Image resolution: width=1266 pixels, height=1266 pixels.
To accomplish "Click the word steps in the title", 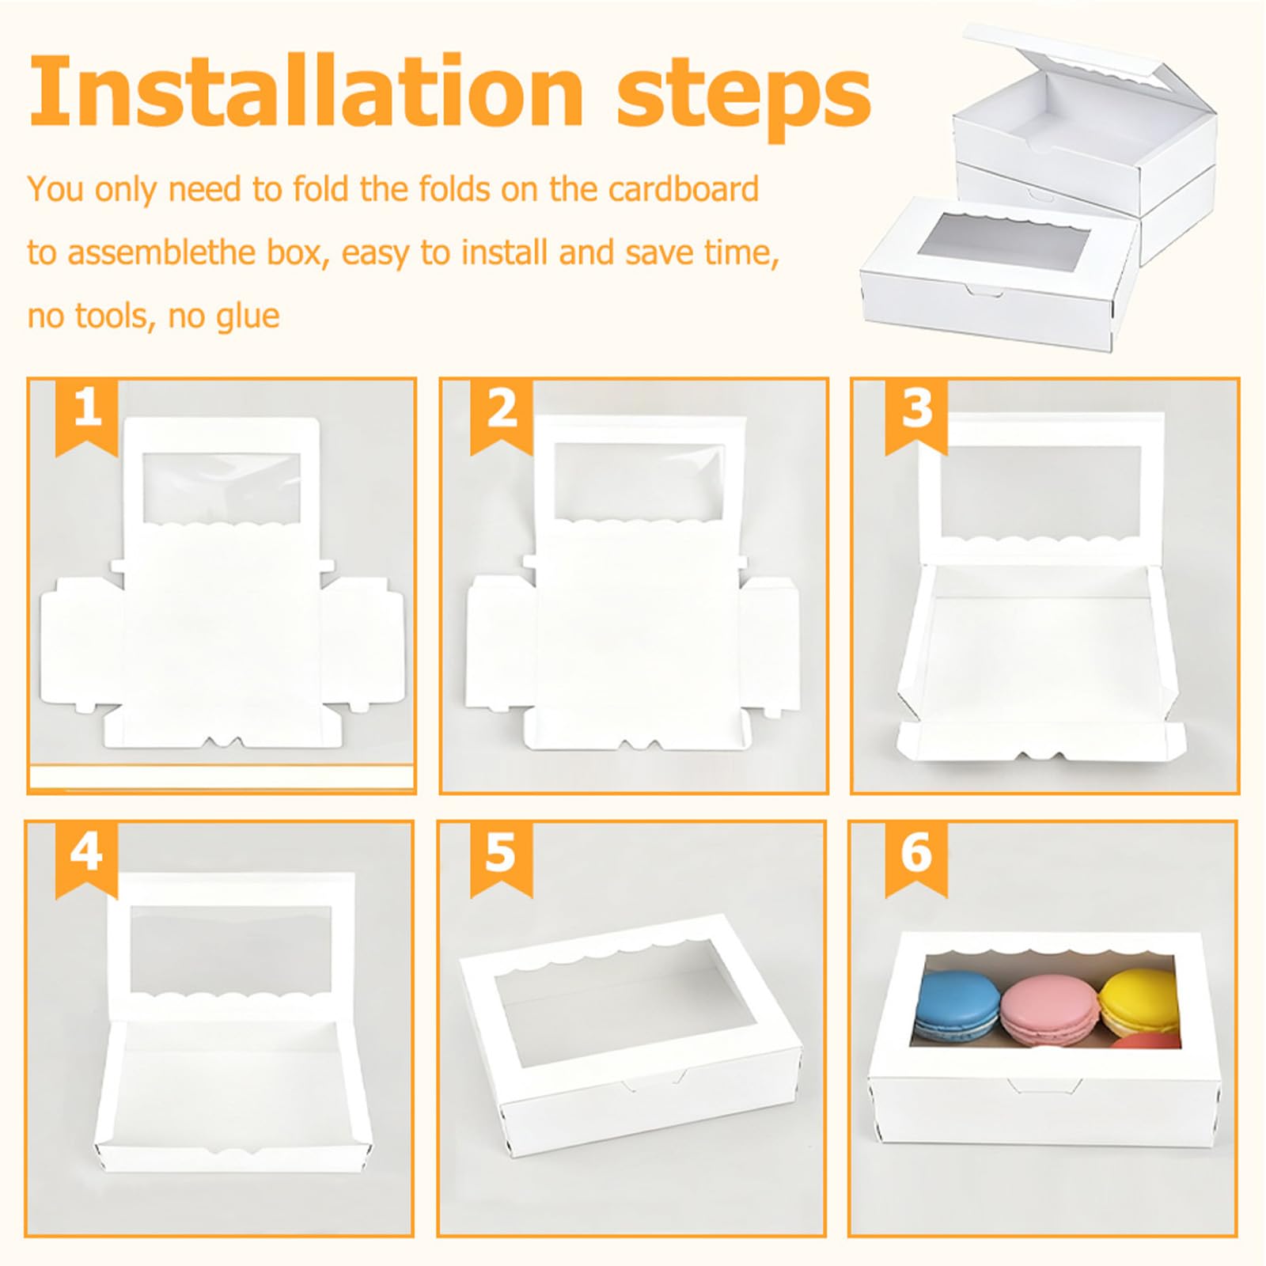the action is (x=744, y=99).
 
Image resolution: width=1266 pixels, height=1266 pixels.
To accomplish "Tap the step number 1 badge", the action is (x=86, y=416).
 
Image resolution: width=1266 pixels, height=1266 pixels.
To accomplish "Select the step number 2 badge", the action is (x=502, y=416).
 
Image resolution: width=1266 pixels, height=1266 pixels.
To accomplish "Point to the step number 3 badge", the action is (x=916, y=416).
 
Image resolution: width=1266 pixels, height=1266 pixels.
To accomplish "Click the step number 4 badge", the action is (x=86, y=859).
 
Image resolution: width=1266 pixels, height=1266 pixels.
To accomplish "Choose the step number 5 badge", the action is (x=502, y=859).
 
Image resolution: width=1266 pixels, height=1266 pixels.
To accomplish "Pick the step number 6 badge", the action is (x=916, y=859).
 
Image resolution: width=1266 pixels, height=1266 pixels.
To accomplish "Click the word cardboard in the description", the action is (x=684, y=190).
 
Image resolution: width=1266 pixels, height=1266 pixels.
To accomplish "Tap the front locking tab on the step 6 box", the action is (x=1035, y=1086).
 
